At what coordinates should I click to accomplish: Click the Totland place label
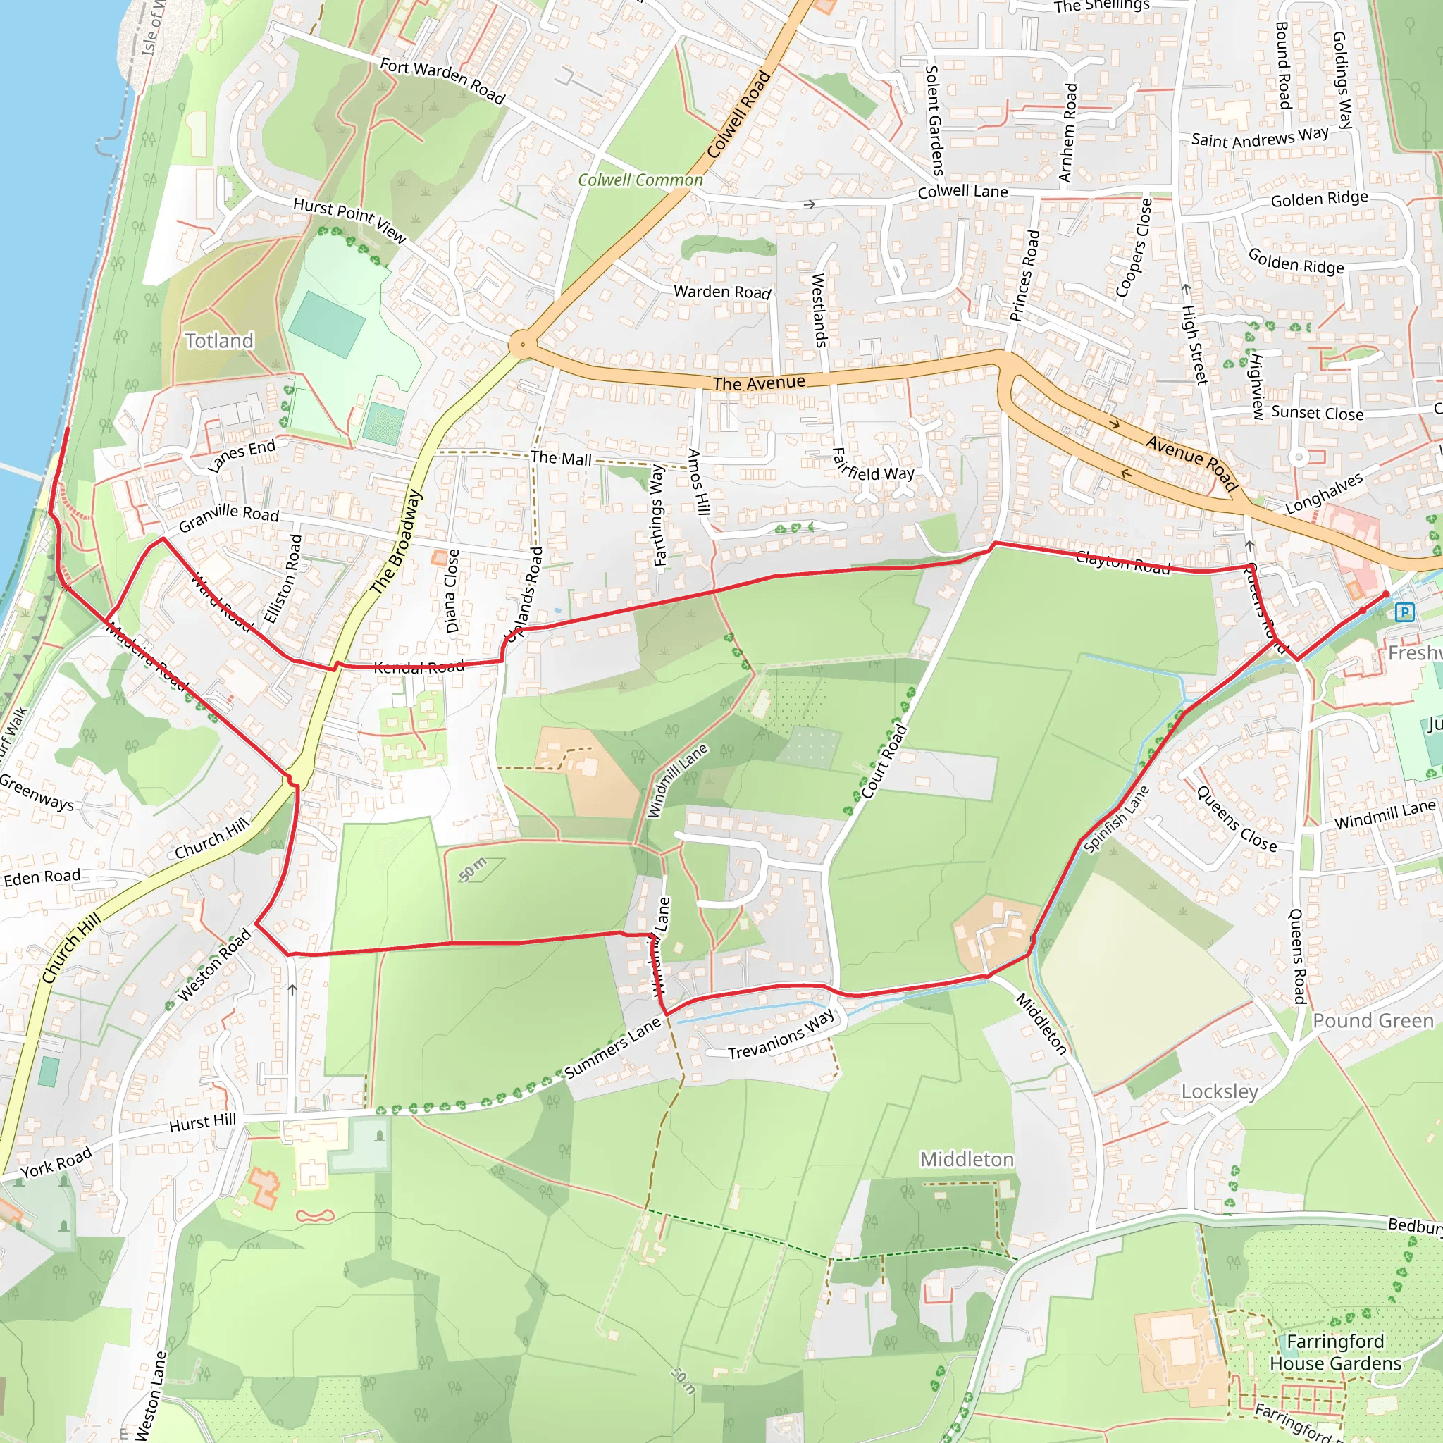219,340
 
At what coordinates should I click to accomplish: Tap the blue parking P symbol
1404,612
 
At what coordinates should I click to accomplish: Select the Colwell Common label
640,180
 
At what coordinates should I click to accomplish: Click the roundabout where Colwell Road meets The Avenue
522,345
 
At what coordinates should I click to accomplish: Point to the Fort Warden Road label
443,80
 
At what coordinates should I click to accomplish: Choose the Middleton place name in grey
967,1159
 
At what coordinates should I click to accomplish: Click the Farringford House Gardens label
1335,1352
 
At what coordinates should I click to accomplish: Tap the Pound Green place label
1373,1021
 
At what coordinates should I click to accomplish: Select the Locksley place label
1220,1091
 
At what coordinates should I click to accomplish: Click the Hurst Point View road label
349,220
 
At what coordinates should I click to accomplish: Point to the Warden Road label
721,292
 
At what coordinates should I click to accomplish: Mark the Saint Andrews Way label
1259,138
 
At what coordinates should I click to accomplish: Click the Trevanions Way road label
781,1034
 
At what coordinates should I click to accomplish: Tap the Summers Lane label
612,1048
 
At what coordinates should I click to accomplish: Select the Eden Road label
42,877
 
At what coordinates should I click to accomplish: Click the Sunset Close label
1317,413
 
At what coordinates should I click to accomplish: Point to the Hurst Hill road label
202,1122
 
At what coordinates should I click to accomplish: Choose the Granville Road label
228,516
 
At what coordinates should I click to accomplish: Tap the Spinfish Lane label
1116,819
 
